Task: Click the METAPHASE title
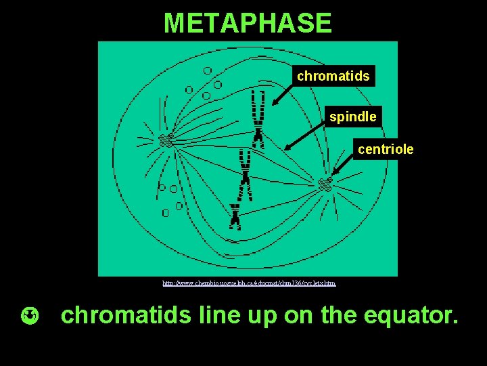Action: click(x=248, y=23)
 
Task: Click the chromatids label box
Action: click(x=333, y=77)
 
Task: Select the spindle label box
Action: click(x=352, y=117)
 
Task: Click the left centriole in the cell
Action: click(x=164, y=140)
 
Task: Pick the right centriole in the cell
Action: click(x=325, y=184)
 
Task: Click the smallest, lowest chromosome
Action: click(x=234, y=215)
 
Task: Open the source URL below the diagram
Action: click(x=249, y=283)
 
